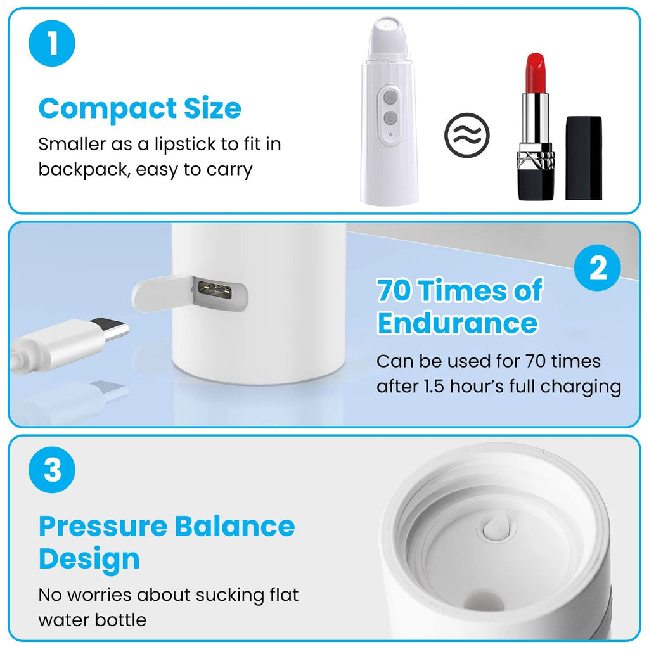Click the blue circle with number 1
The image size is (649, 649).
point(52,43)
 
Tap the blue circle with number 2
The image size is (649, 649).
point(597,268)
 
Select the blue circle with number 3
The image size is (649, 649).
point(52,470)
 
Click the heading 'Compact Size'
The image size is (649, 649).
point(140,109)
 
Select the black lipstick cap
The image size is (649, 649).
point(584,158)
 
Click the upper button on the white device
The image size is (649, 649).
point(390,98)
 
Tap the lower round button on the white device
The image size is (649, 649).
point(390,117)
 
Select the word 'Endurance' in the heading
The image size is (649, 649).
point(458,323)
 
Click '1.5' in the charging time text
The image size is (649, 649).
point(434,386)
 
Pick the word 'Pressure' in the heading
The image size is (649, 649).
point(103,526)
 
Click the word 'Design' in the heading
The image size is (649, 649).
point(89,559)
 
